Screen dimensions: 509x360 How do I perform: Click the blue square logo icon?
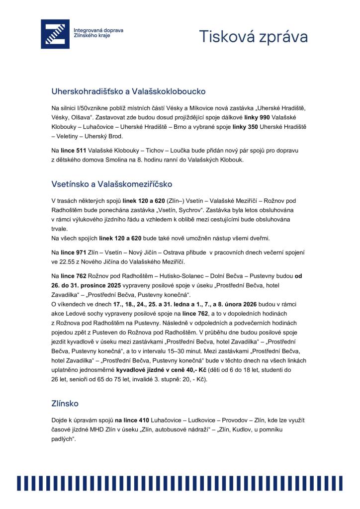click(x=55, y=34)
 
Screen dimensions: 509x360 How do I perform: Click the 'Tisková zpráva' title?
click(x=253, y=36)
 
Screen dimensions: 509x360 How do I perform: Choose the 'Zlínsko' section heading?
click(x=65, y=404)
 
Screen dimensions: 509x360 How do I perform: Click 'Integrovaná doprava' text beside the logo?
click(x=98, y=30)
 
